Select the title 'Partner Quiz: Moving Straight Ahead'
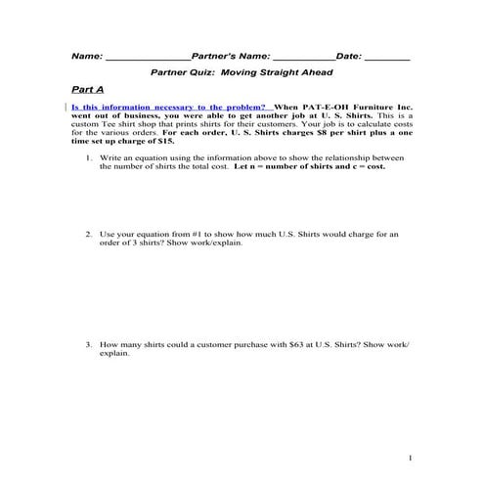pos(241,72)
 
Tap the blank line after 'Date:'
pos(387,57)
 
